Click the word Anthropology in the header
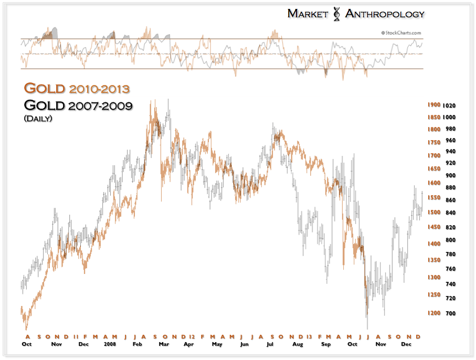(385, 14)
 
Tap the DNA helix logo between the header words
(336, 14)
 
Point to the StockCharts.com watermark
(402, 32)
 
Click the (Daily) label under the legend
(38, 118)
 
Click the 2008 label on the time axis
(110, 345)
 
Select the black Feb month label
(137, 345)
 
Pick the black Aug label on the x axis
(298, 345)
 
